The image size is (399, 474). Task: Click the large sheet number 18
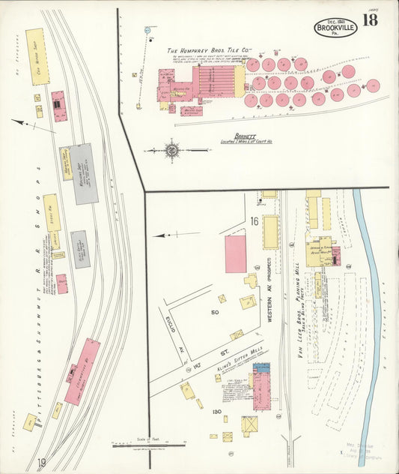click(x=370, y=20)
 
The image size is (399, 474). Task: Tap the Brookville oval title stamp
click(x=335, y=27)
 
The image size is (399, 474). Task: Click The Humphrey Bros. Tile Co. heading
click(x=209, y=52)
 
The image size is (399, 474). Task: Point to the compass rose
click(x=172, y=150)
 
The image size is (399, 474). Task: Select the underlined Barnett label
click(x=244, y=136)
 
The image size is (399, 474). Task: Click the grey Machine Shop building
click(x=85, y=173)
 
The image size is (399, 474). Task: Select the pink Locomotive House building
click(x=82, y=370)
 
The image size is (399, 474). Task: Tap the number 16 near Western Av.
click(x=255, y=221)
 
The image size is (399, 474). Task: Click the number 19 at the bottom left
click(x=42, y=463)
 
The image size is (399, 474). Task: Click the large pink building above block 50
click(x=236, y=253)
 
